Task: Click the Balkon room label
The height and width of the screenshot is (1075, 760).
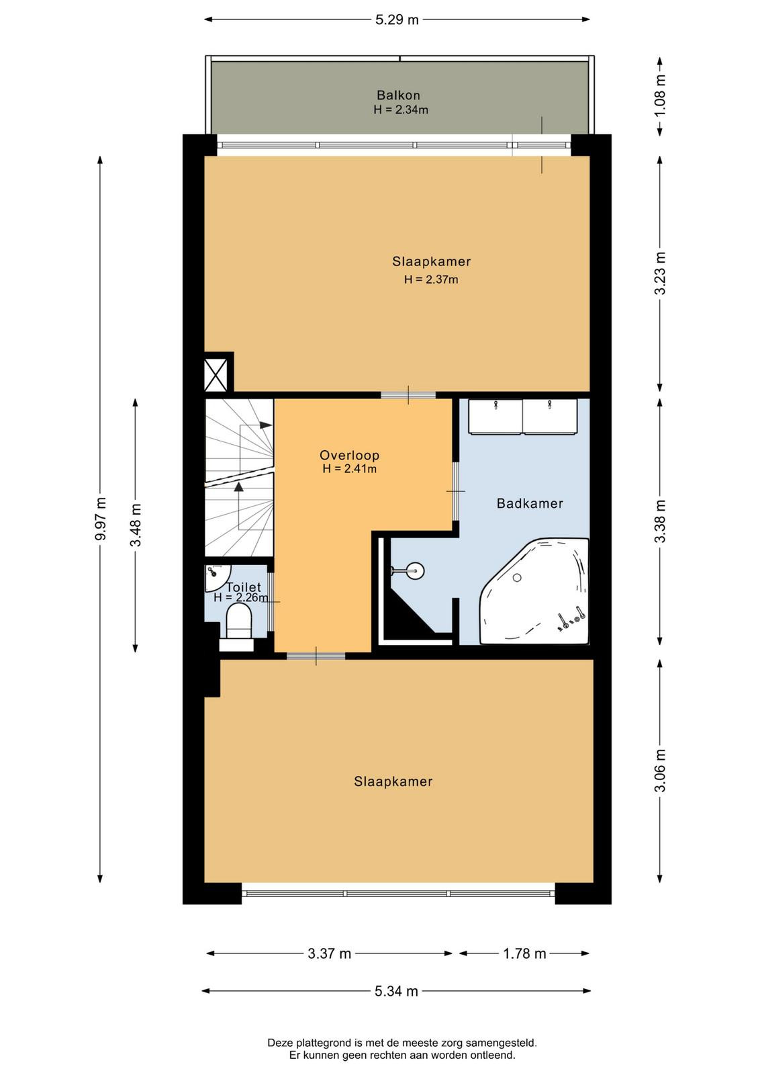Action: pos(398,95)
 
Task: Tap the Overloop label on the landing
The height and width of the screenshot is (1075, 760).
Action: pos(350,455)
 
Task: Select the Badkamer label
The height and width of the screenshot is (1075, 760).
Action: pos(529,503)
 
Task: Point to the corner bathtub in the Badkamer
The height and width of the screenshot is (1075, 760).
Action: pos(534,591)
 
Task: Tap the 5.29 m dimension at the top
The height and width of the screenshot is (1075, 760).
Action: pos(397,19)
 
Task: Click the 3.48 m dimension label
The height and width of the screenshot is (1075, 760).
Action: pos(136,525)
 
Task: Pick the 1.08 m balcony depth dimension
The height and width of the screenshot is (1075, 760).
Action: pos(660,95)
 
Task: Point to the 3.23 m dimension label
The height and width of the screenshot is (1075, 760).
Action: pos(660,273)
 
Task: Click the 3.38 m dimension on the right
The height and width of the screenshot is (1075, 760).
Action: pos(660,521)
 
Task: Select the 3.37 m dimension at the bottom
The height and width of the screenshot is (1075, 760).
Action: pos(330,953)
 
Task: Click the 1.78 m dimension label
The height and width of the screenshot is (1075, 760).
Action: pos(524,953)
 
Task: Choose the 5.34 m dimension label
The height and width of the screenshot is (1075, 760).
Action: pos(396,991)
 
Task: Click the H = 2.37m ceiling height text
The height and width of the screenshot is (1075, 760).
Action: pos(430,279)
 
